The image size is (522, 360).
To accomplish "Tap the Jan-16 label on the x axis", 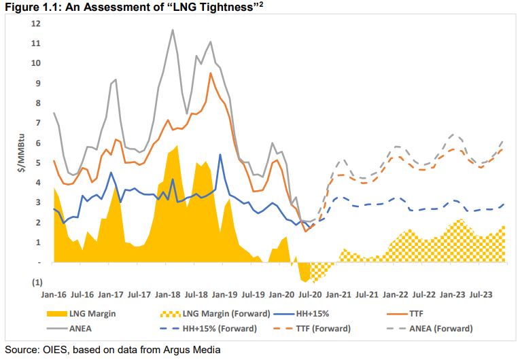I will coord(54,296).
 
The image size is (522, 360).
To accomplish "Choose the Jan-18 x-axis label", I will coord(167,296).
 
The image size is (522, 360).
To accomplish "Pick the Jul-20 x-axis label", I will coord(310,296).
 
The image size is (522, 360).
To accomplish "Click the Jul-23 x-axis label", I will coord(480,296).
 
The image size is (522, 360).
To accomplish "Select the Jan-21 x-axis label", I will coord(338,296).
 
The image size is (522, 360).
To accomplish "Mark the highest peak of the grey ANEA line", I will coord(173,30).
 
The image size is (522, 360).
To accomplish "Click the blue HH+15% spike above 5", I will coord(220,155).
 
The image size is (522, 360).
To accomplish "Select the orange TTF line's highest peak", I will coord(211,73).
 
